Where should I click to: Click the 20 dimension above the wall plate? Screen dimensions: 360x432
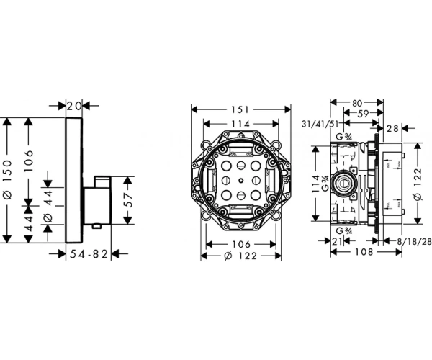click(73, 107)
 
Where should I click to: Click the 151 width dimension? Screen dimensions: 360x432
click(240, 109)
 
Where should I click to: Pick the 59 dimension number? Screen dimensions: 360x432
click(364, 113)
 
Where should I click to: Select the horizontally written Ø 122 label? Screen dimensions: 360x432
click(240, 256)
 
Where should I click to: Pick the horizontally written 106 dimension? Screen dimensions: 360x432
click(240, 243)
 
